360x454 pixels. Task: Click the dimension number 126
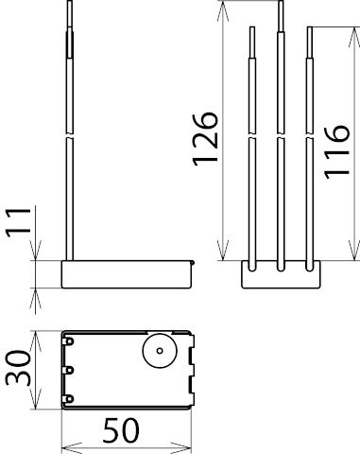tap(205, 139)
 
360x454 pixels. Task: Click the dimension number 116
tap(337, 152)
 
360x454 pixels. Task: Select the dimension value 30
tap(18, 368)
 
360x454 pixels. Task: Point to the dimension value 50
tap(121, 430)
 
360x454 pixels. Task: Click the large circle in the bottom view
tap(160, 351)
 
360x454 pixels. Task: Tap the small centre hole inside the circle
tap(160, 351)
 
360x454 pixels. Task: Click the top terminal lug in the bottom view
tap(68, 341)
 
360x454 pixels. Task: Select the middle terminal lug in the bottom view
tap(68, 370)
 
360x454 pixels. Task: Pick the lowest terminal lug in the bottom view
tap(68, 399)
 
